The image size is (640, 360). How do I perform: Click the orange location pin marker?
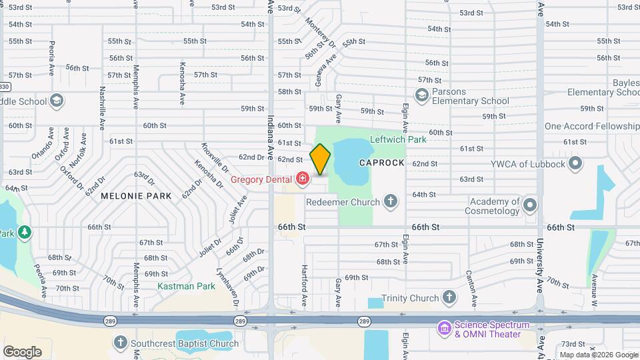[320, 159]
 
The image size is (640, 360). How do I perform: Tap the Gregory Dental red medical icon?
[303, 179]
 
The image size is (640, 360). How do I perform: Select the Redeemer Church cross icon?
[391, 201]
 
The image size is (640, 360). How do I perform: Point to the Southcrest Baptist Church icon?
[120, 343]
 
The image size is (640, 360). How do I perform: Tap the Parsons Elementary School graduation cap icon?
[421, 96]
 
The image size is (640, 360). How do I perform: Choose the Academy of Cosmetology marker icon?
[530, 205]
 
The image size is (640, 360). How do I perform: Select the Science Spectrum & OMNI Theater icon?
[444, 328]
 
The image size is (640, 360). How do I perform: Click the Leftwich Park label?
[398, 140]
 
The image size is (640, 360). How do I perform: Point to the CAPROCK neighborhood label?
[381, 163]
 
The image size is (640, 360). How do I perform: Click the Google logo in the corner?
[23, 351]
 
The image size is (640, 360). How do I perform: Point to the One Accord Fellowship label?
[591, 126]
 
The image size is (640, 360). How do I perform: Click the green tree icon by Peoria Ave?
[25, 232]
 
